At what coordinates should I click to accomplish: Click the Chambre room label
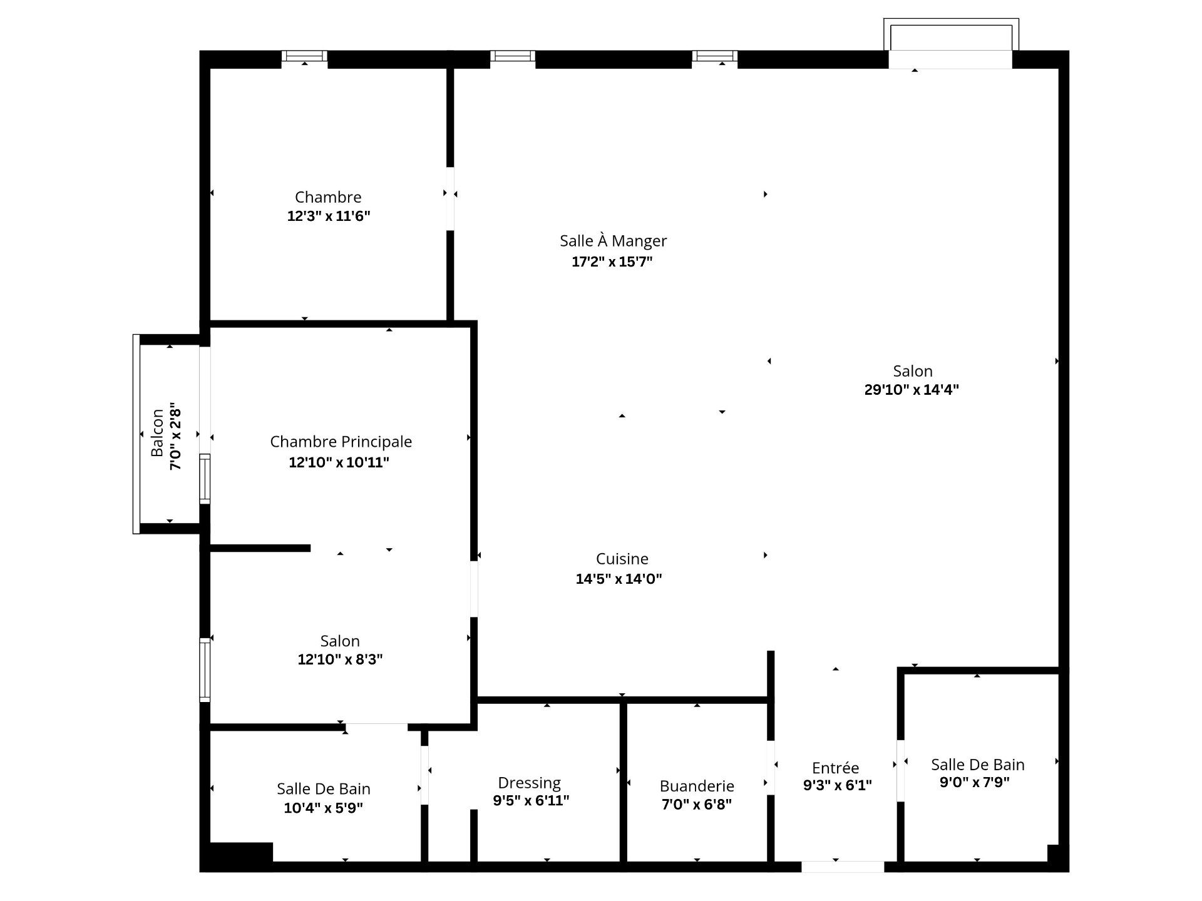pos(328,197)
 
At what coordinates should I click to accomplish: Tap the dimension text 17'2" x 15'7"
pos(612,262)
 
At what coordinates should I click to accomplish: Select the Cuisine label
pos(622,558)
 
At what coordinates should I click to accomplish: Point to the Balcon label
pos(157,433)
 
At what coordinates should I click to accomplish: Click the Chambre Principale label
pos(341,441)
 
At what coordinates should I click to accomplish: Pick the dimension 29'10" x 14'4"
pos(912,390)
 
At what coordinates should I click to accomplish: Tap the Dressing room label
pos(529,782)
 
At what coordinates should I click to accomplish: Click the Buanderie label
pos(697,786)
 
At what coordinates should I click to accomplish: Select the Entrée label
pos(835,768)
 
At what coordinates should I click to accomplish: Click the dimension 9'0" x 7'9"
pos(974,782)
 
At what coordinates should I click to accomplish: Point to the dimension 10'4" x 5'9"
pos(323,808)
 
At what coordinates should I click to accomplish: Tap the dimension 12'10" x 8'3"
pos(340,659)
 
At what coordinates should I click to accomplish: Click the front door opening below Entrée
pos(843,867)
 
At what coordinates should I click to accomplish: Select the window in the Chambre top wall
pos(304,56)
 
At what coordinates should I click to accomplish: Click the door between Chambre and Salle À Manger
pos(449,198)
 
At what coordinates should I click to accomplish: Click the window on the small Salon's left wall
pos(205,669)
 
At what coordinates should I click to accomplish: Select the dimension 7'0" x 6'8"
pos(697,804)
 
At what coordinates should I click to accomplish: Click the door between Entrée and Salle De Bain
pos(900,770)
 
